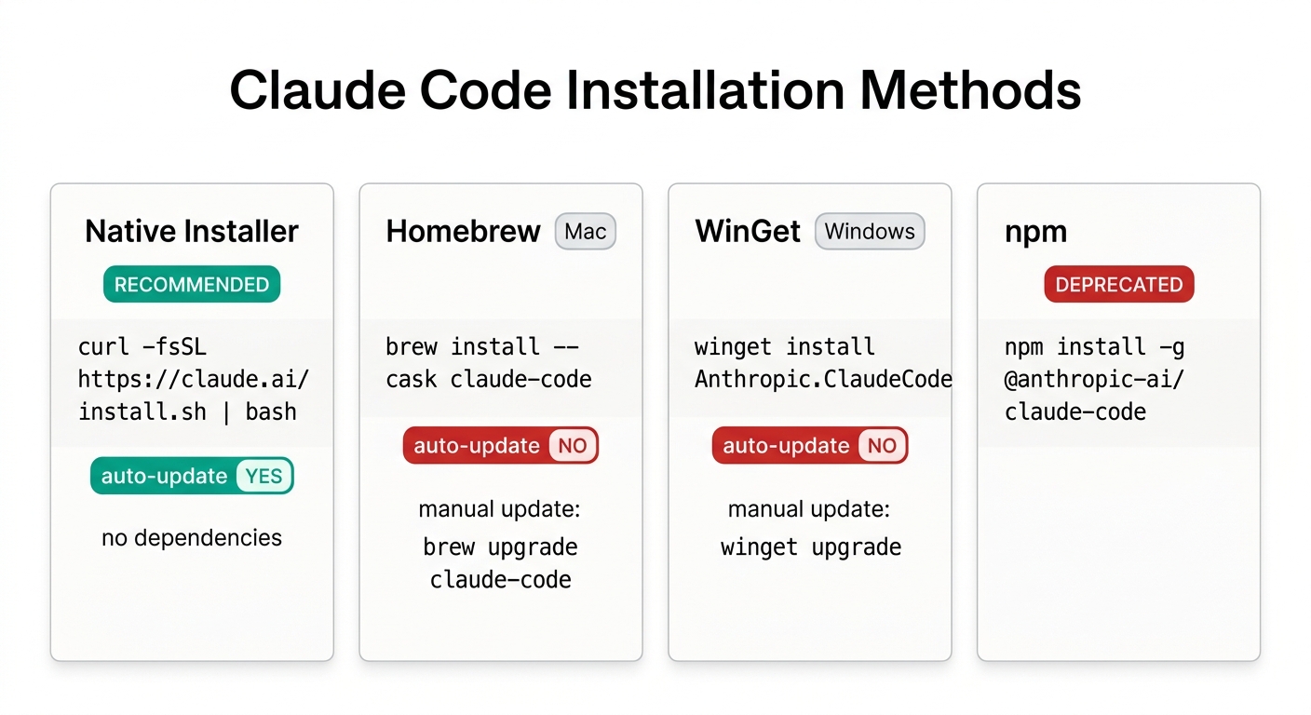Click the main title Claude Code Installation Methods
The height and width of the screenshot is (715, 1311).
pos(655,91)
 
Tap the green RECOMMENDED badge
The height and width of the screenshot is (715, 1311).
pos(192,285)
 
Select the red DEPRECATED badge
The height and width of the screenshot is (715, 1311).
pos(1118,285)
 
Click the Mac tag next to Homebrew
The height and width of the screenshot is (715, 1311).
pos(585,231)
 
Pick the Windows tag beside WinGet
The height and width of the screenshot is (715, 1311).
pos(870,231)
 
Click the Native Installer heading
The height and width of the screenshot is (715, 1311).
pos(192,231)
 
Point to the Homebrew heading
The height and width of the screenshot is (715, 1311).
pos(463,231)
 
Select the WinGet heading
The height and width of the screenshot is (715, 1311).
pos(748,231)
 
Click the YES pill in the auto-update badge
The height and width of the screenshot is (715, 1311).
pos(264,476)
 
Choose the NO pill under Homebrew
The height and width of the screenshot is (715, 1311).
pos(573,446)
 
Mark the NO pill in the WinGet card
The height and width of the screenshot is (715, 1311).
pos(882,446)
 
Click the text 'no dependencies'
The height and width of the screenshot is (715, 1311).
pos(192,537)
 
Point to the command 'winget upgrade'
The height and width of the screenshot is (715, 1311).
pos(810,546)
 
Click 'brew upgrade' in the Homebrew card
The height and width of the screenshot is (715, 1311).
pos(500,546)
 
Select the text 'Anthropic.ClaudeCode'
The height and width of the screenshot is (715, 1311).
pos(823,379)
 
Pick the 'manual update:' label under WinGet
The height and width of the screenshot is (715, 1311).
pos(809,509)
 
